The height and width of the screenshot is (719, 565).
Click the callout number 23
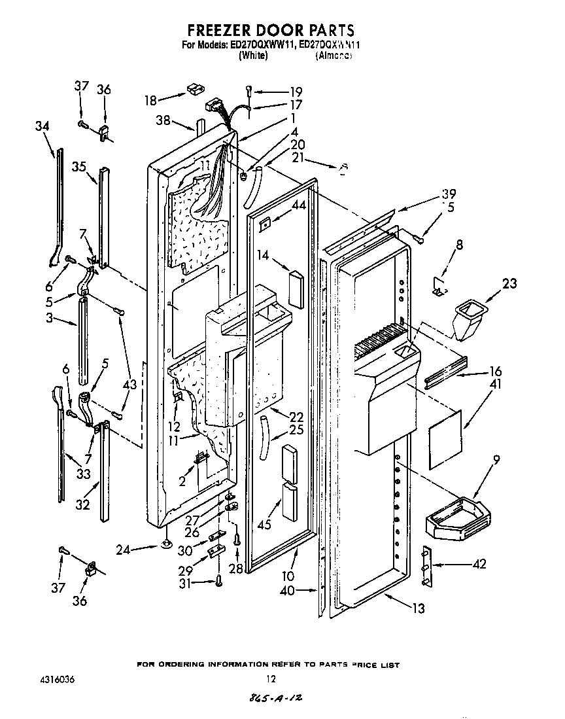coord(509,283)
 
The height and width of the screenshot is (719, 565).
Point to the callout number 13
coord(418,608)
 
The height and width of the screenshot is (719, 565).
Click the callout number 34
coord(43,126)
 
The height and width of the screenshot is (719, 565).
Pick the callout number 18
coord(151,100)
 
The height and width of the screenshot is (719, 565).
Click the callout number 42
coord(479,564)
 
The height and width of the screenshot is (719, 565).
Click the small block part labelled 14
coord(296,289)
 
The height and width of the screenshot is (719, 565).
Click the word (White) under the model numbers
coord(252,56)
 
